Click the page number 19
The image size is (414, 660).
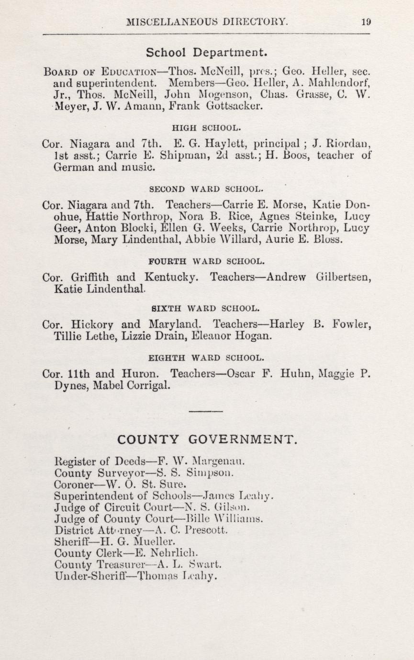[x=367, y=22]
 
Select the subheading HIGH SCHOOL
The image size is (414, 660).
[x=206, y=128]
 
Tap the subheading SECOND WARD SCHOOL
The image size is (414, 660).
[x=206, y=188]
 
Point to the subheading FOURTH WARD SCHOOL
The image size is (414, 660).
[x=206, y=262]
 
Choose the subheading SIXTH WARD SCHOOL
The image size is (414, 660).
[x=206, y=309]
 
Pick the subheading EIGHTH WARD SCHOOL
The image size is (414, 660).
[x=206, y=357]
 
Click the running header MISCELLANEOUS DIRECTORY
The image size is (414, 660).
[x=207, y=22]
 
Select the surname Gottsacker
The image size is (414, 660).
[x=235, y=107]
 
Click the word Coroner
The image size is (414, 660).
[x=76, y=484]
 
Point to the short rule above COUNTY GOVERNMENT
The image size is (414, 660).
[x=206, y=411]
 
